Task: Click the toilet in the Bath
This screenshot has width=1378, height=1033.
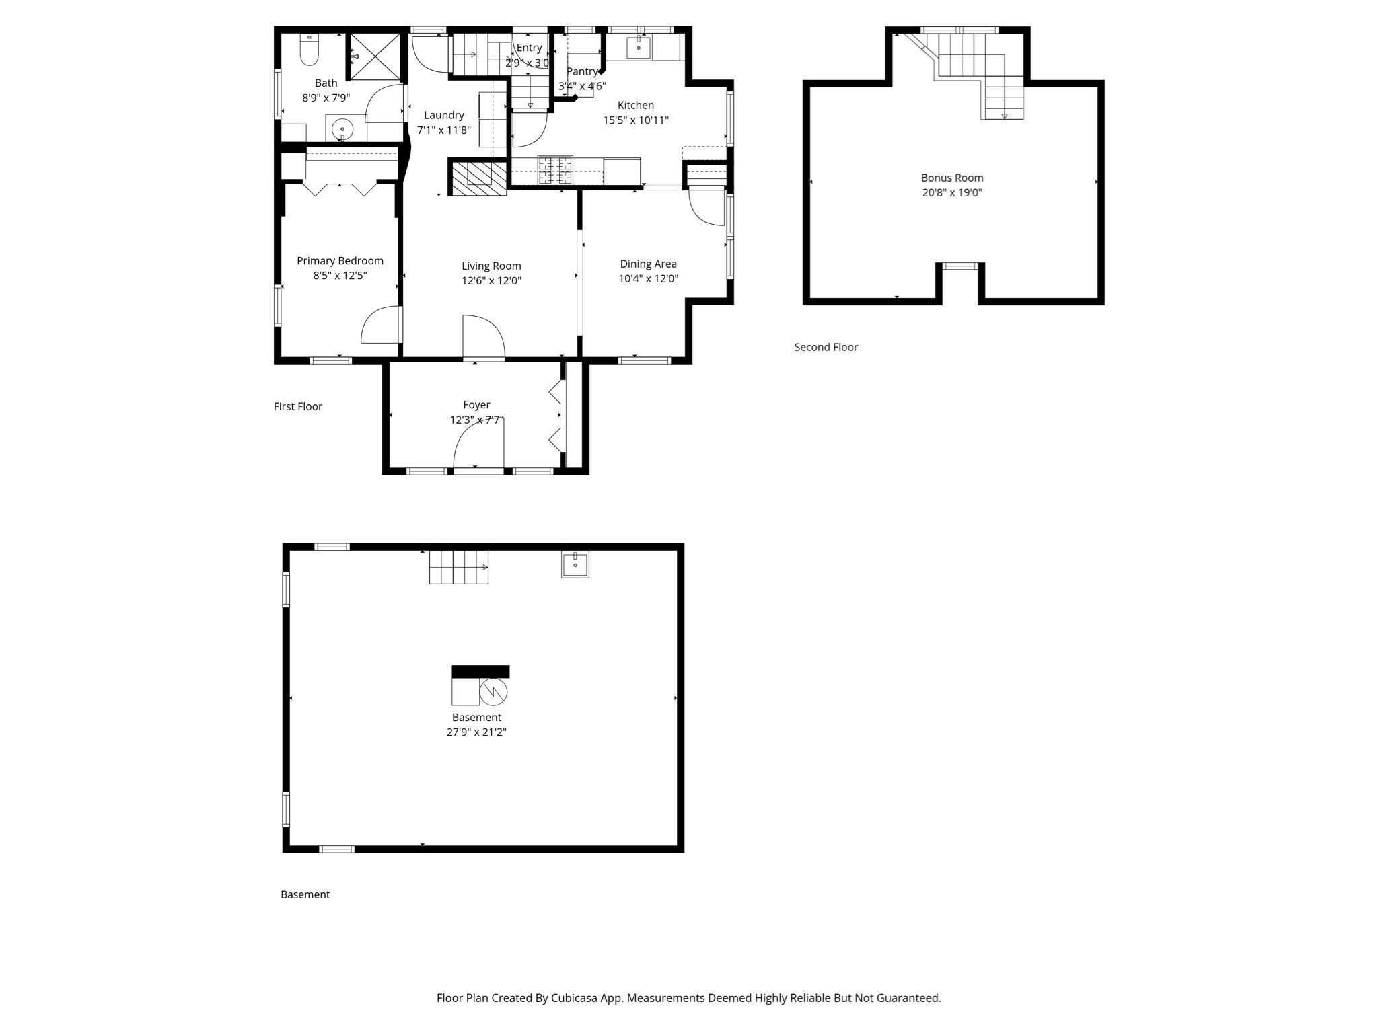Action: point(309,52)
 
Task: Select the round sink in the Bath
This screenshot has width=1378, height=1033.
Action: point(342,128)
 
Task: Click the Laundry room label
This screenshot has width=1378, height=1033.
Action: point(444,115)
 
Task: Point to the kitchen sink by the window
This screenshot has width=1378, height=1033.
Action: point(638,48)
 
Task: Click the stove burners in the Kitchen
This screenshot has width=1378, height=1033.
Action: point(555,170)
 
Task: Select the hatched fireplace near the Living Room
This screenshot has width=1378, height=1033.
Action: point(478,178)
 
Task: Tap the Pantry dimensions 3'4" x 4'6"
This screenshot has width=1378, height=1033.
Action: point(582,86)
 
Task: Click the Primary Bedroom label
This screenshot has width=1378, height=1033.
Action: point(340,261)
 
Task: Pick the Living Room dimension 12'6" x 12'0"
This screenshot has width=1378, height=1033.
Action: point(491,280)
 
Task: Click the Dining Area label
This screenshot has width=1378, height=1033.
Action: point(648,264)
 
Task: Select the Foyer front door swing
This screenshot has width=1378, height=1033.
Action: point(478,444)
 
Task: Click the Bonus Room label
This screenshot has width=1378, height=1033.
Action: point(952,178)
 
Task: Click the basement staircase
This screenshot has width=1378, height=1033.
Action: point(458,566)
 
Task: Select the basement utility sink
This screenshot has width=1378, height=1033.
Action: point(575,564)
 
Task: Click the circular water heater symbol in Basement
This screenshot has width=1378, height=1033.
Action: point(493,691)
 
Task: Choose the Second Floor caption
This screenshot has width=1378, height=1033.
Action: point(826,347)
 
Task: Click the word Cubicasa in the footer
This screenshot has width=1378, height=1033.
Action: point(576,998)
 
